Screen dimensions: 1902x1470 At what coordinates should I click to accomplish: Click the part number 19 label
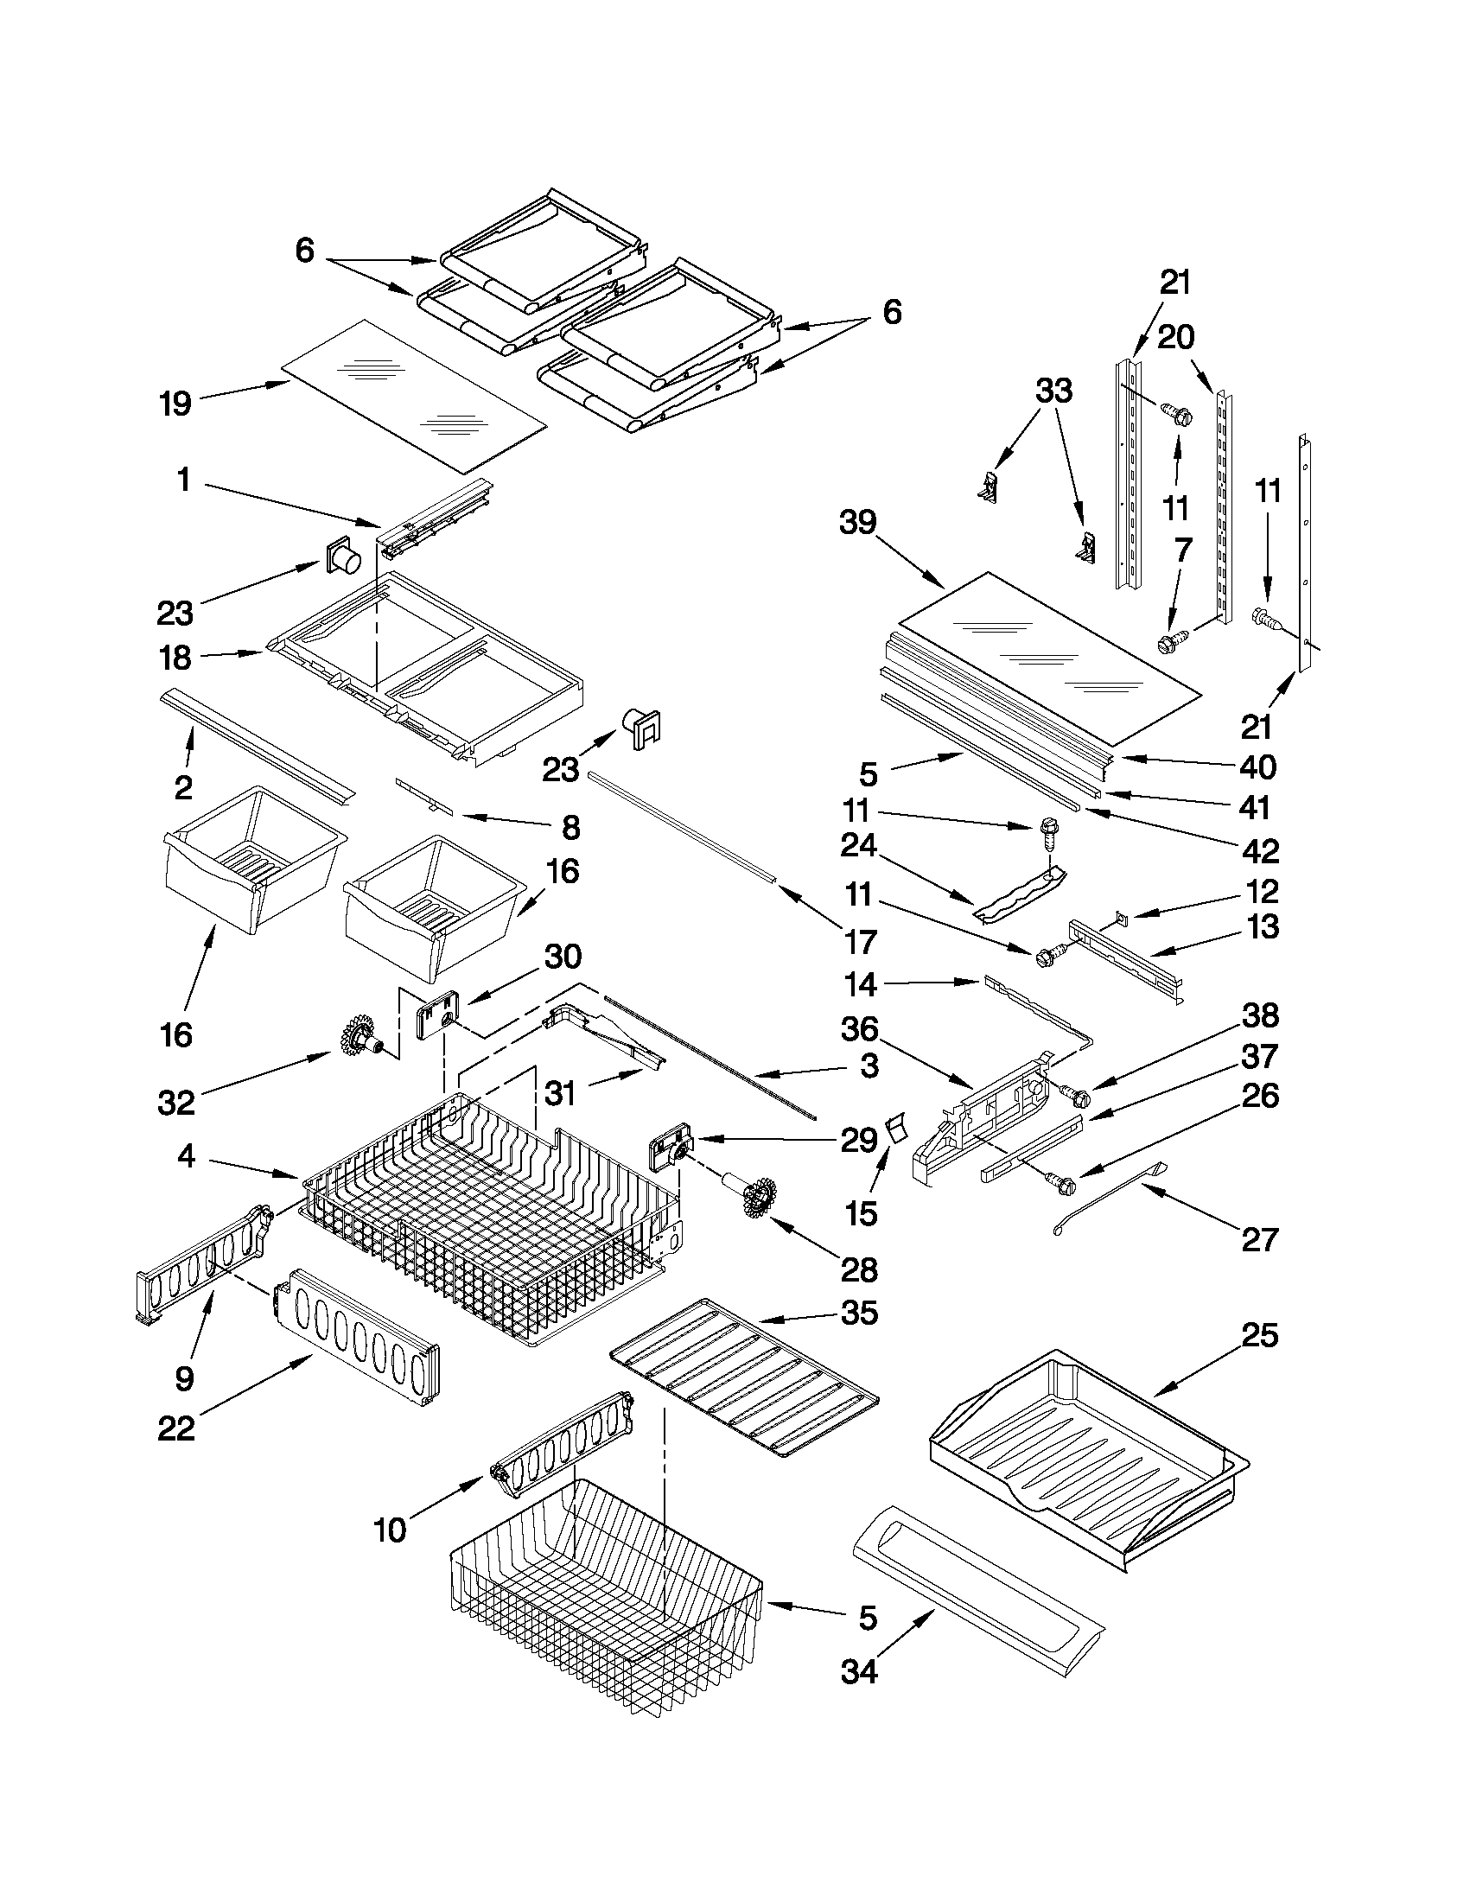[x=175, y=404]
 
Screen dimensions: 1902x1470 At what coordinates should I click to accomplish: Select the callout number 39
[x=858, y=522]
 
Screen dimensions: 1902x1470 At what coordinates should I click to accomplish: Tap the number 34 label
[x=859, y=1671]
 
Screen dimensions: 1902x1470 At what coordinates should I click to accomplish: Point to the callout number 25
[x=1259, y=1335]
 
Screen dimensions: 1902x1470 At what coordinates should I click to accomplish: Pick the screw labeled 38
[x=1078, y=1091]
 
